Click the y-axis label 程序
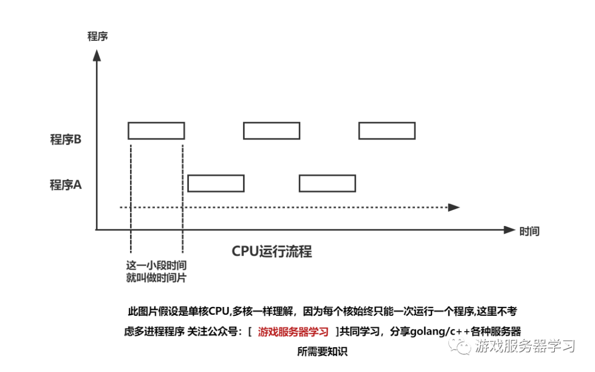tap(97, 37)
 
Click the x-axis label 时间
tap(529, 231)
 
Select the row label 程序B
tap(66, 139)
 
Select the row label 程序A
tap(66, 185)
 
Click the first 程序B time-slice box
tap(156, 131)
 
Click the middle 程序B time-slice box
tap(272, 131)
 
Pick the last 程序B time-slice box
tap(387, 131)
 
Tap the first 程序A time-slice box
tap(215, 183)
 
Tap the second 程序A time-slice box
tap(327, 183)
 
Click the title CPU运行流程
tap(272, 252)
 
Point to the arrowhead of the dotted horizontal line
tap(454, 207)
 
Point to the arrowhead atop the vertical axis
tap(97, 55)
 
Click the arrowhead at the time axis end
tap(508, 230)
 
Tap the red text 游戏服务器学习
tap(293, 332)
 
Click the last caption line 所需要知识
tap(322, 352)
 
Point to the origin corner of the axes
tap(97, 230)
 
